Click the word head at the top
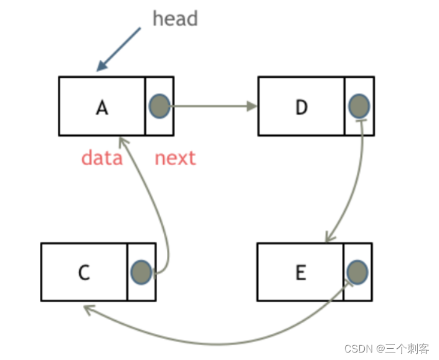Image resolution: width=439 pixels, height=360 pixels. click(x=175, y=19)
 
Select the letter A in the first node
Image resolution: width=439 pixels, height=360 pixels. click(x=102, y=107)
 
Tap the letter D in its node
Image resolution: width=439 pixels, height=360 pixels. click(x=301, y=107)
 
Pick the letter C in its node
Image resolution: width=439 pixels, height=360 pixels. click(x=84, y=273)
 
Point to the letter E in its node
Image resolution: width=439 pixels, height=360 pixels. click(x=301, y=273)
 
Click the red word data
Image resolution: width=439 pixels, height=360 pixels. click(x=101, y=158)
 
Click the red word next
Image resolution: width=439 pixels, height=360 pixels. click(x=175, y=158)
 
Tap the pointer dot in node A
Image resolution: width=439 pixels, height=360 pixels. click(x=159, y=106)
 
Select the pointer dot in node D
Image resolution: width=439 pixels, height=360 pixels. click(x=359, y=106)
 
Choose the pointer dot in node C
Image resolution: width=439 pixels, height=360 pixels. click(x=141, y=272)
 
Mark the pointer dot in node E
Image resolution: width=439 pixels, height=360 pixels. click(x=357, y=272)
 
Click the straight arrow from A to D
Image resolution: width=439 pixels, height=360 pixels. click(x=212, y=106)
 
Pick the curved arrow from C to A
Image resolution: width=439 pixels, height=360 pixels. click(x=159, y=206)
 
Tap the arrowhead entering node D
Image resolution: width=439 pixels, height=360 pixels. click(x=252, y=106)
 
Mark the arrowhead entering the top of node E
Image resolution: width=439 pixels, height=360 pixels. click(x=328, y=238)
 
